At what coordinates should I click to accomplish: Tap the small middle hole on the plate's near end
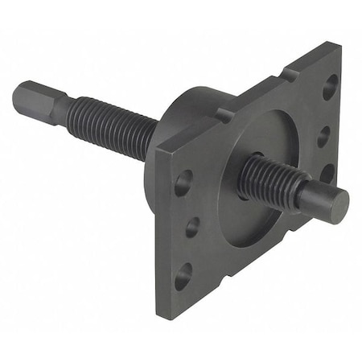(192, 228)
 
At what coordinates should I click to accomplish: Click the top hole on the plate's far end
(330, 86)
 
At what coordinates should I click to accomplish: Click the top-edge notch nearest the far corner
(289, 75)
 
